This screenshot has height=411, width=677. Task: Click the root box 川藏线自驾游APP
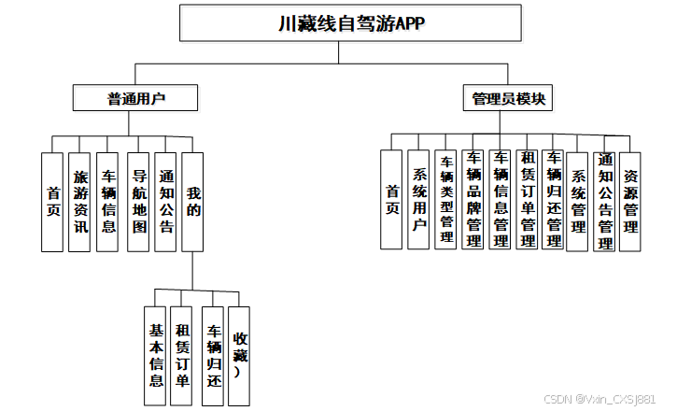[x=351, y=23]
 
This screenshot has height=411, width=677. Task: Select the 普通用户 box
[x=136, y=97]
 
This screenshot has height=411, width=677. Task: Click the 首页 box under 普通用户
[x=53, y=202]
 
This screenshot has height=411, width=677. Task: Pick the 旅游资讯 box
[x=80, y=202]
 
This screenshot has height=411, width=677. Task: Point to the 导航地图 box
[x=138, y=202]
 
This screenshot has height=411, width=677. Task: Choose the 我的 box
[x=193, y=202]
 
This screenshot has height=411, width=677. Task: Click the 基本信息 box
[x=157, y=356]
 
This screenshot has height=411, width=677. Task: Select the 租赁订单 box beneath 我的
[x=183, y=356]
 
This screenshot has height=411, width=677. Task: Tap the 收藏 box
[x=240, y=356]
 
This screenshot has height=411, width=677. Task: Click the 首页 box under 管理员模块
[x=392, y=198]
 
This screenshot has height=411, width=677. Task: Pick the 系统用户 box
[x=419, y=198]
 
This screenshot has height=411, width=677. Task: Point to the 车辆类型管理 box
[x=446, y=198]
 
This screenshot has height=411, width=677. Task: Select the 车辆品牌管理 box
[x=473, y=198]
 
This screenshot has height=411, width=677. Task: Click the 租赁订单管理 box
[x=528, y=198]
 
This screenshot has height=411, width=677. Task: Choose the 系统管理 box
[x=578, y=198]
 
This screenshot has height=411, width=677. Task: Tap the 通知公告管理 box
[x=605, y=198]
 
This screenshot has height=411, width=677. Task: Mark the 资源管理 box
[x=631, y=198]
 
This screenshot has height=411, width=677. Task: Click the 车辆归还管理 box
[x=554, y=198]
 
